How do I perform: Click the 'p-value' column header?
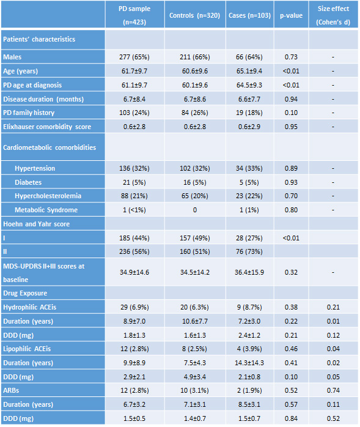click(x=291, y=15)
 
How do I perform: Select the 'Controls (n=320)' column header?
click(x=194, y=15)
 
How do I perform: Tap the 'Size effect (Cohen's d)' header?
click(x=333, y=15)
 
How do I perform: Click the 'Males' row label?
click(x=12, y=57)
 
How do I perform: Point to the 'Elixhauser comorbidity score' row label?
click(x=47, y=127)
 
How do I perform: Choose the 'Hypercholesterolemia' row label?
click(x=48, y=196)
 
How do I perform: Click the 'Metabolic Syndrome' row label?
click(x=46, y=210)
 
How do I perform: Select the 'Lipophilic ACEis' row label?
click(x=27, y=349)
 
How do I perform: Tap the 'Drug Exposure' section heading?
click(x=25, y=293)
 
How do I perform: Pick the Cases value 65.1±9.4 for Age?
click(x=249, y=71)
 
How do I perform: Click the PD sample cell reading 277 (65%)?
click(x=134, y=57)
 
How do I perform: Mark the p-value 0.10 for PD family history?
click(x=291, y=113)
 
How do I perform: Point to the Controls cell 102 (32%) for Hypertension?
click(x=194, y=168)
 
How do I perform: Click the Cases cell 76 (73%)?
click(x=249, y=251)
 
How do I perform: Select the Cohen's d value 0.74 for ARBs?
click(x=333, y=390)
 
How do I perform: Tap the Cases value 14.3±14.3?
click(x=249, y=363)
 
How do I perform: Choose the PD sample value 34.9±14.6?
click(x=134, y=272)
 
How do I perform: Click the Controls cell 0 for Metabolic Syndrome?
click(x=194, y=210)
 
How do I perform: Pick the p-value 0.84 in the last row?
click(x=291, y=418)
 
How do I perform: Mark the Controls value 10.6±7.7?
click(x=194, y=321)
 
